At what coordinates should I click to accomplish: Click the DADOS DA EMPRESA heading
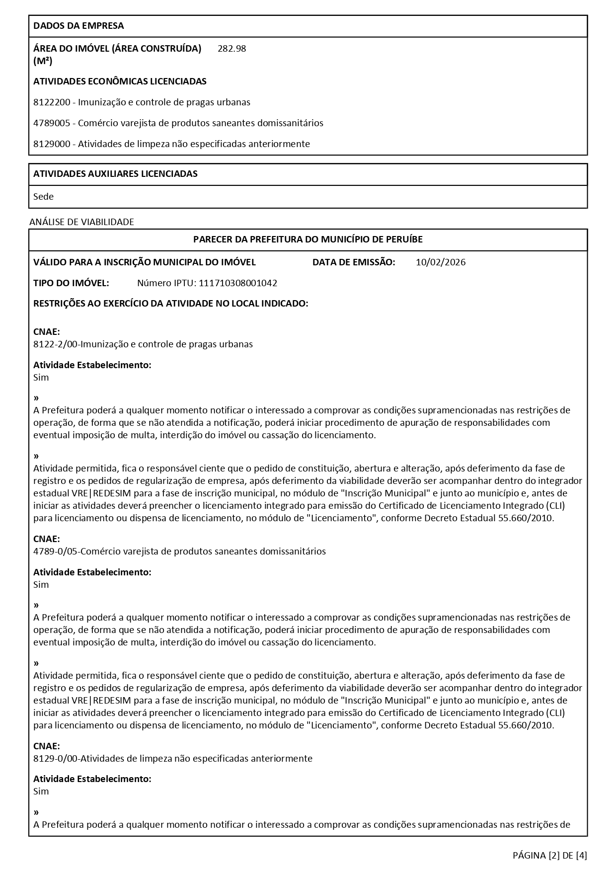(78, 26)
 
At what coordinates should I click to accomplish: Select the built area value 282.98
(231, 49)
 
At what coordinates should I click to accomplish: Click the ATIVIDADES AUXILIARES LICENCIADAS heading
(115, 174)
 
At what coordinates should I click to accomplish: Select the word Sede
(43, 197)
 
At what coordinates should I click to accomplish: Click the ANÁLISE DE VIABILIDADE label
(81, 222)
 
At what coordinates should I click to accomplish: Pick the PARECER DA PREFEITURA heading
(308, 239)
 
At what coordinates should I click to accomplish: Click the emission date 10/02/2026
(441, 262)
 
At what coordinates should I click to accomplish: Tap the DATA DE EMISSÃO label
(354, 262)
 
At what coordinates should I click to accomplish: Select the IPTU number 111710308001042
(238, 283)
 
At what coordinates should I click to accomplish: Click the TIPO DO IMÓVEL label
(71, 283)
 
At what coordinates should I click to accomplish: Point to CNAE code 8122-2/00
(56, 344)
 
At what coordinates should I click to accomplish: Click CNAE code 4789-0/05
(56, 552)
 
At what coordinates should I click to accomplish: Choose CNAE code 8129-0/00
(56, 759)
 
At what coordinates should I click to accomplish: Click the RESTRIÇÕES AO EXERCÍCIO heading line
(171, 304)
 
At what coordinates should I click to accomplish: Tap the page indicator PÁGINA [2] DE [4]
(550, 855)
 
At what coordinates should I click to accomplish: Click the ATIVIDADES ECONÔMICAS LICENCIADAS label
(120, 81)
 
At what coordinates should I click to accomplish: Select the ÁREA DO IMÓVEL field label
(117, 49)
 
